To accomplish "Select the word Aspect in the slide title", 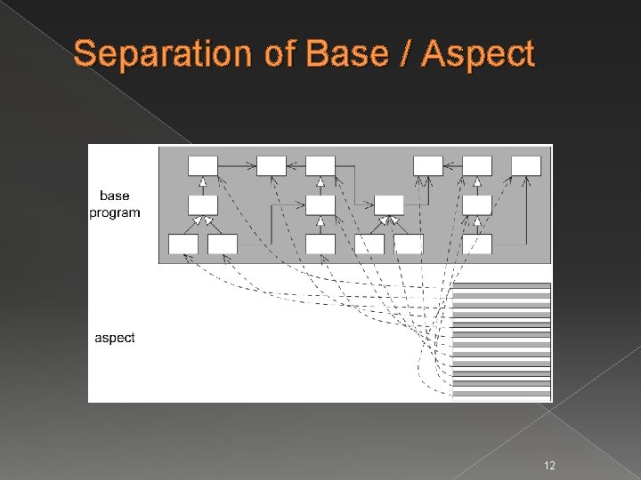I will pos(478,55).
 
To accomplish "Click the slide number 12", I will pos(549,465).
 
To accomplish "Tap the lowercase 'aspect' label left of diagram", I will pos(115,338).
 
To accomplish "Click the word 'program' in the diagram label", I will pos(115,212).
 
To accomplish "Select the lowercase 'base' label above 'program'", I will pos(115,196).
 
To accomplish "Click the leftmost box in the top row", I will pos(202,165).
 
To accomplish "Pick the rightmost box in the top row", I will pos(525,165).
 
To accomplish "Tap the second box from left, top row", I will pos(272,165).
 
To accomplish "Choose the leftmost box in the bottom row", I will pos(183,244).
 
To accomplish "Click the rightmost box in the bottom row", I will pos(477,244).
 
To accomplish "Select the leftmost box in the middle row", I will pos(202,204).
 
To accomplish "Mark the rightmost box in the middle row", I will pos(477,204).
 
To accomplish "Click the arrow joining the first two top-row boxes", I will pos(237,165).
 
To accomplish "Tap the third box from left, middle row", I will pos(389,204).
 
